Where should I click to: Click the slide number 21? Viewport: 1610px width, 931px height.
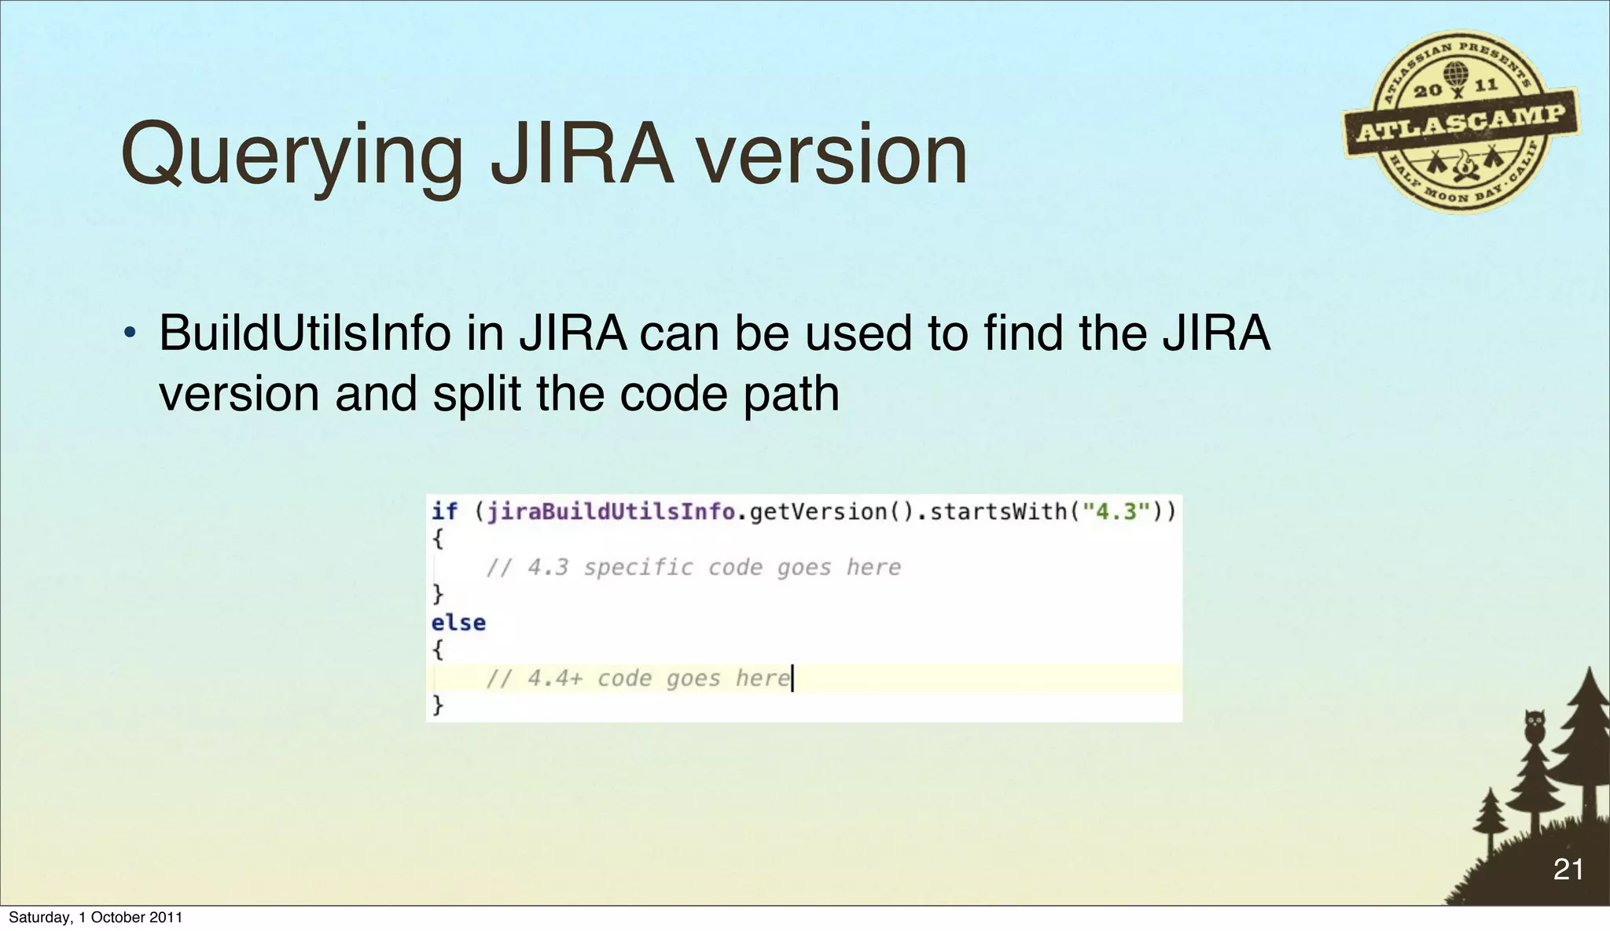(1568, 869)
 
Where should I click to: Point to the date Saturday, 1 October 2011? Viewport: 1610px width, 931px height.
(95, 917)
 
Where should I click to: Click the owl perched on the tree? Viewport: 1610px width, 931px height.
(1534, 726)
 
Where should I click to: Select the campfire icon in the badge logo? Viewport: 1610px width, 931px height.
(1463, 164)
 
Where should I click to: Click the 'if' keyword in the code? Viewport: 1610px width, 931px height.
(444, 512)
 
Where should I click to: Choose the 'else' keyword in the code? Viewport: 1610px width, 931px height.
(458, 623)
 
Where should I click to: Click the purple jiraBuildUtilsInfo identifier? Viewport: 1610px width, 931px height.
(611, 512)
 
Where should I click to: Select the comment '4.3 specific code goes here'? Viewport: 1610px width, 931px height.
(693, 567)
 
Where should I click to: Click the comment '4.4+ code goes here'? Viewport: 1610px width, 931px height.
(638, 678)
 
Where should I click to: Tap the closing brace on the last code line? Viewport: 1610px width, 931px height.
(438, 705)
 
